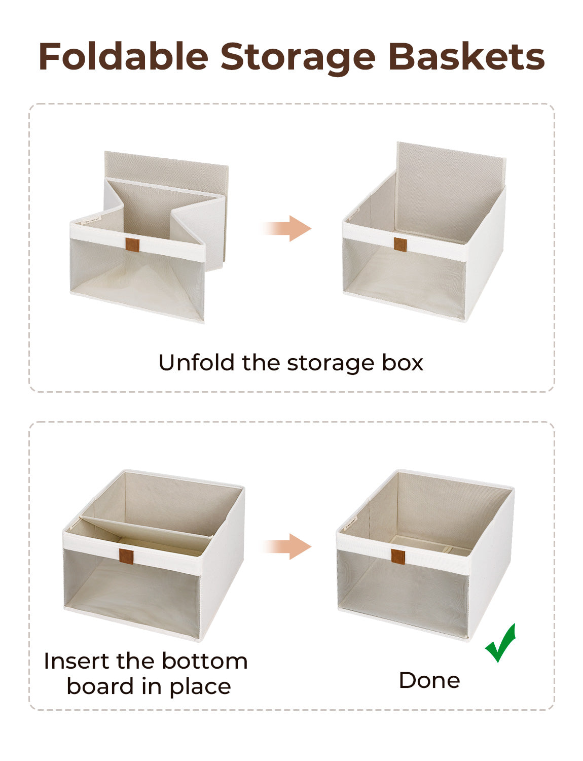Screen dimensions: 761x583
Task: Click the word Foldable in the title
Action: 123,56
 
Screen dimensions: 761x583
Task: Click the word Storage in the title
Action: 298,57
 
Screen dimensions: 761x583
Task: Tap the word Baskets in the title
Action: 466,56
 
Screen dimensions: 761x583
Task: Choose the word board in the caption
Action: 100,686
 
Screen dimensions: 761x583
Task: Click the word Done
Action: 429,680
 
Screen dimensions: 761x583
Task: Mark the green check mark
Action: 500,643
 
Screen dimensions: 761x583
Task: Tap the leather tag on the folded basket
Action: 132,245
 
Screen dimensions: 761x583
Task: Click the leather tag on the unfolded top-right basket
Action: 400,245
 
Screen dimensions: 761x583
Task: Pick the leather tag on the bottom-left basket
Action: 126,556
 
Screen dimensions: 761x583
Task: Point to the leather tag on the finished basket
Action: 398,557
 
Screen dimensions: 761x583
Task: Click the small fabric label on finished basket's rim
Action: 350,524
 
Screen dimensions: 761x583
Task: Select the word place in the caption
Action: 200,686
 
